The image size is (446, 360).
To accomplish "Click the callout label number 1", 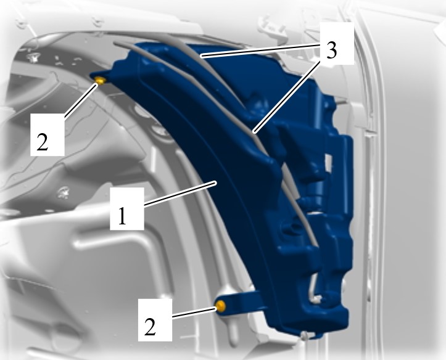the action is point(122,216).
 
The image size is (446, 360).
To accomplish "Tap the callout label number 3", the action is point(331,51).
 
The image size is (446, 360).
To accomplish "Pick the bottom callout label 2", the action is point(150,327).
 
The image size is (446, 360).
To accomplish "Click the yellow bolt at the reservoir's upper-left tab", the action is point(100,80).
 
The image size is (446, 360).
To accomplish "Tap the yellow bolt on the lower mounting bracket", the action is point(220,306).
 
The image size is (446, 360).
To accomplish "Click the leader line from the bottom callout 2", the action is point(194,312).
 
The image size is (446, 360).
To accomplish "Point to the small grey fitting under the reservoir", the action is point(305,337).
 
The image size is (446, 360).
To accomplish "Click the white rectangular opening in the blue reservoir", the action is point(329,163).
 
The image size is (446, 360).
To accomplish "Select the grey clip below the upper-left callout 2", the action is point(63,192).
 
